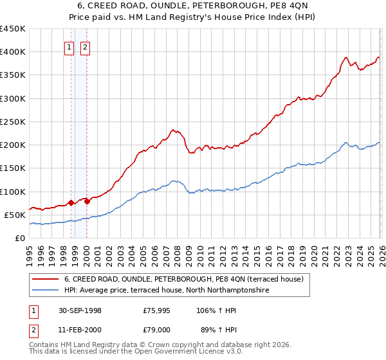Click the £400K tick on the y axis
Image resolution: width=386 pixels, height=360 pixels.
point(13,52)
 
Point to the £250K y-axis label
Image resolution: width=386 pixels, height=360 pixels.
point(13,122)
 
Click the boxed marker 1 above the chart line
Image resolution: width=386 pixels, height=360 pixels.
point(69,46)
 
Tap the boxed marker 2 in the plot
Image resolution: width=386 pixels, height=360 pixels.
point(85,46)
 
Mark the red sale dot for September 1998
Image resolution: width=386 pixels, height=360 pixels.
point(71,203)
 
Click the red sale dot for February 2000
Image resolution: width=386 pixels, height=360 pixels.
point(87,201)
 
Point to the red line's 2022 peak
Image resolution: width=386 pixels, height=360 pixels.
point(345,58)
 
